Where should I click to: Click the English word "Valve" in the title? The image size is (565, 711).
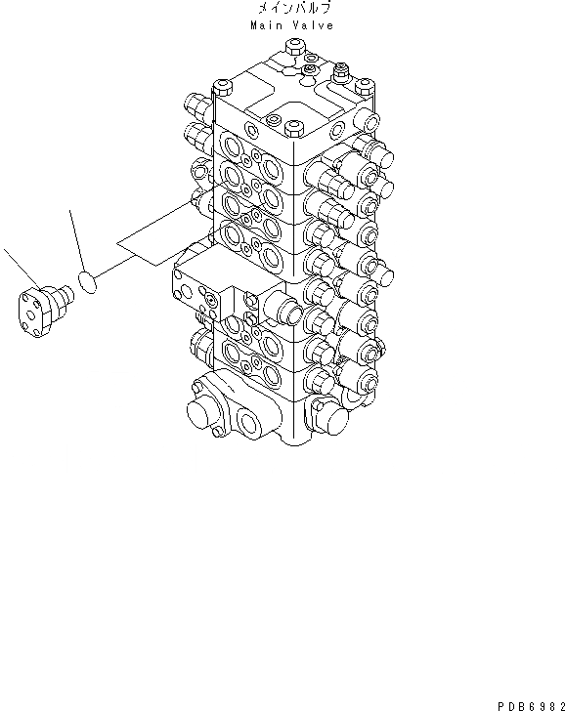[x=312, y=25]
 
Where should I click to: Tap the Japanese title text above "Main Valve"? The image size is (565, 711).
[x=289, y=9]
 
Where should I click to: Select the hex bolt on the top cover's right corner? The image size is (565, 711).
[x=341, y=70]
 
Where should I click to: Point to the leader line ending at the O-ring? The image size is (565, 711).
[x=76, y=239]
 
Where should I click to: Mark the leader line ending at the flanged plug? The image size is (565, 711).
[x=19, y=268]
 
